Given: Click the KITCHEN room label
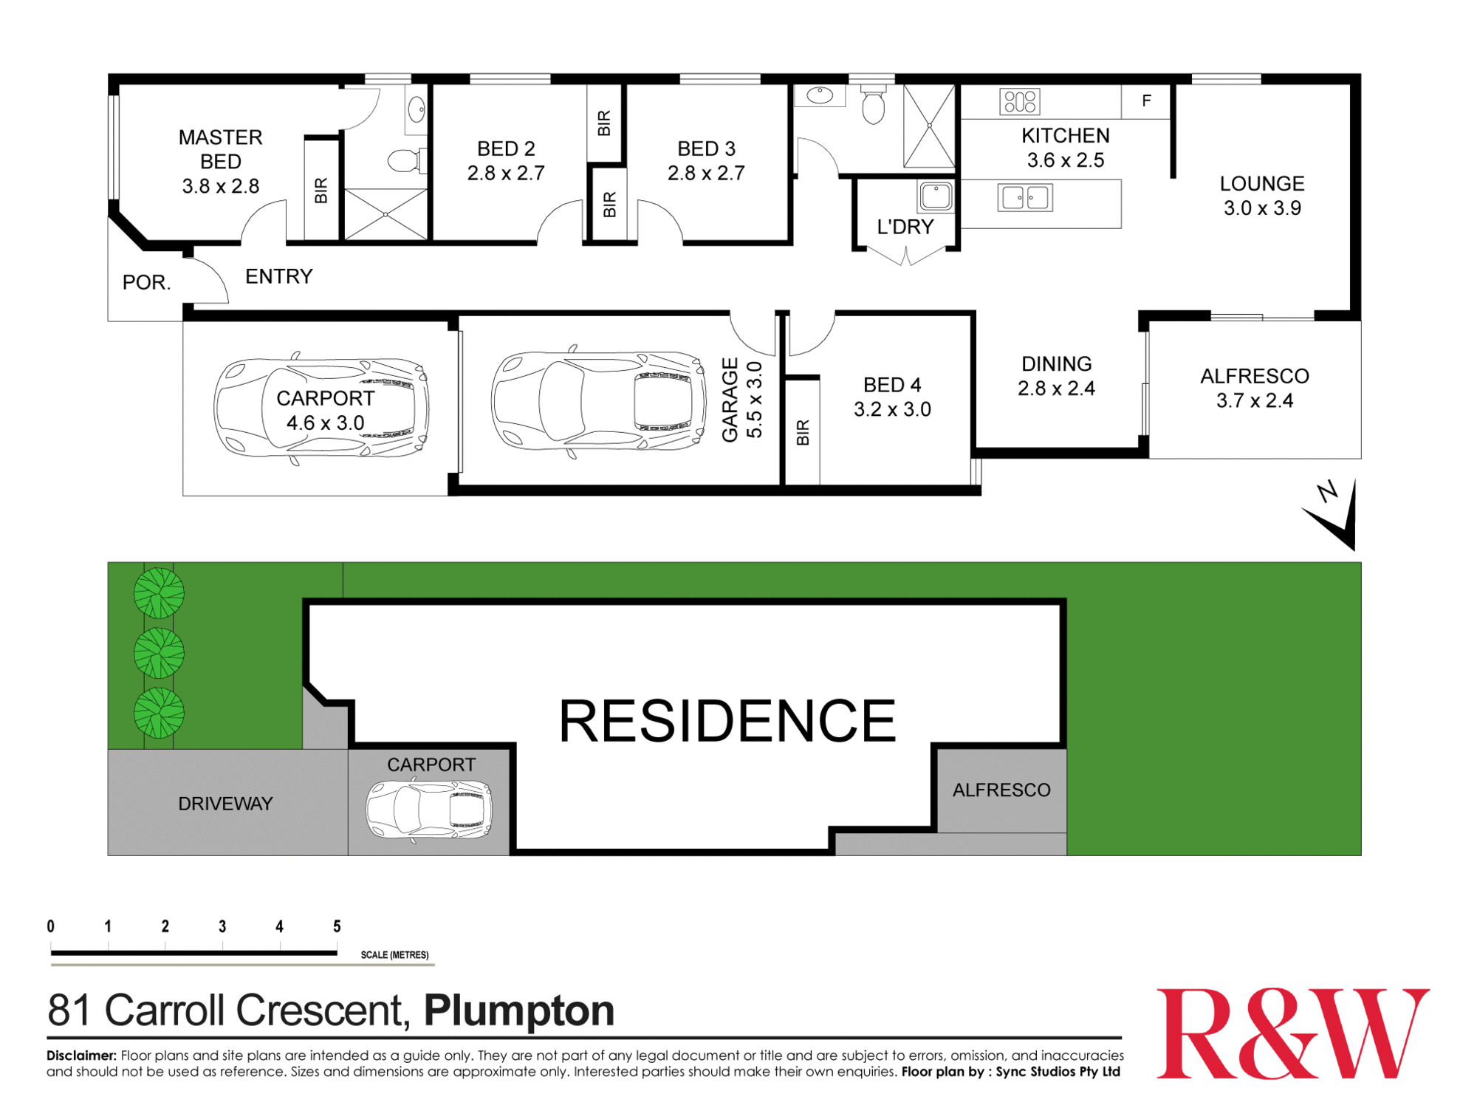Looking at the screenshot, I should coord(1065,136).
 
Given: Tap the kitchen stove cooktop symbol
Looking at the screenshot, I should coord(1019,101).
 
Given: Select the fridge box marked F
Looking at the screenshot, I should coord(1145,101).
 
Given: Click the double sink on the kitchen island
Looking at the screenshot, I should coord(1025,197).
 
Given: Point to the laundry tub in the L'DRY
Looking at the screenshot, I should coord(936,196).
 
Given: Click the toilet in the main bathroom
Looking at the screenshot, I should coord(873,106).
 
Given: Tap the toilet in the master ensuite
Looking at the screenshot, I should coord(405,160).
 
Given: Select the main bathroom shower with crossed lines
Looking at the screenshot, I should coord(929,126).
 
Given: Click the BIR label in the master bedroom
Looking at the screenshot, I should coord(321,191).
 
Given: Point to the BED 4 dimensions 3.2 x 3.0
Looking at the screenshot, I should coord(892,409).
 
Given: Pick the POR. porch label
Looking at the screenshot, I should coord(146,282).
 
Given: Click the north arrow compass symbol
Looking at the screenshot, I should coord(1335,514).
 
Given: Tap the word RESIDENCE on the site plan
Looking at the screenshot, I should coord(727,721).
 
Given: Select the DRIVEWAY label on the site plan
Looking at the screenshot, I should coord(225,804).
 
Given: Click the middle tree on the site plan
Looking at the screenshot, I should coord(159,653).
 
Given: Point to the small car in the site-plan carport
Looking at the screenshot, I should coord(429,810).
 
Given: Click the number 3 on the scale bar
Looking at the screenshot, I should coord(222,926).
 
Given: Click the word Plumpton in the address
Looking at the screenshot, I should coord(518,1010).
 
